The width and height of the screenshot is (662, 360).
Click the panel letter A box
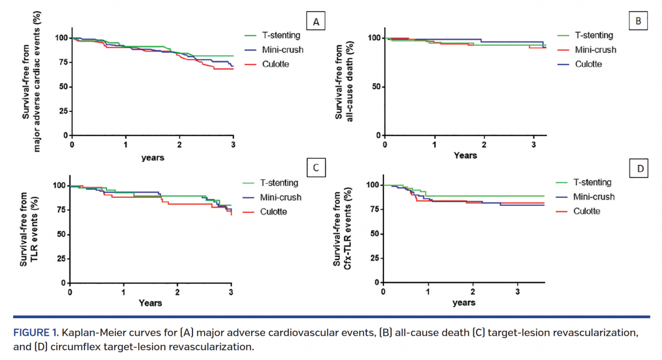coord(316,22)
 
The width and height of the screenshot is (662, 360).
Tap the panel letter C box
coord(316,168)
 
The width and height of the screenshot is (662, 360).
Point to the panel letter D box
coord(640,168)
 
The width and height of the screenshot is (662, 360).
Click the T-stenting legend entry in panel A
coord(281,35)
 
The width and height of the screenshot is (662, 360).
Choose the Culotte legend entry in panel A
coord(275,64)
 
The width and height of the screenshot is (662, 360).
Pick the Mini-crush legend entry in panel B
coord(595,50)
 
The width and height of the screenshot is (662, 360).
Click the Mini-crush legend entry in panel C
coord(280,197)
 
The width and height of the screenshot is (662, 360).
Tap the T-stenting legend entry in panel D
coord(592,182)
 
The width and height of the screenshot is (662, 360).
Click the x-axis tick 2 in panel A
coord(179,144)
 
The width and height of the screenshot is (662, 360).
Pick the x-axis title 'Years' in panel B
coord(465,155)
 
